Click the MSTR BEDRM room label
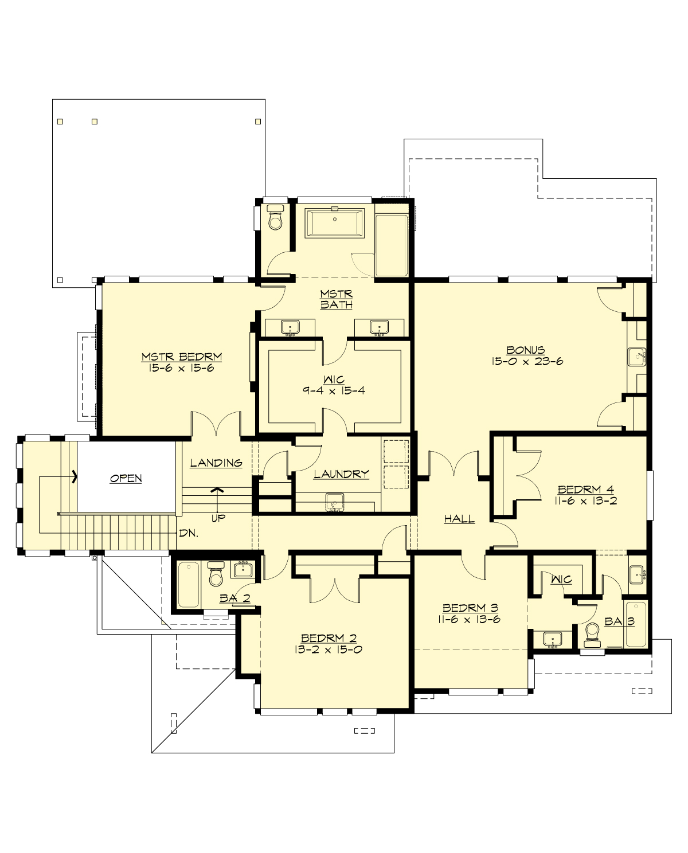point(181,357)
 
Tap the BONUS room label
point(525,350)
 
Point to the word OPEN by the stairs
point(126,478)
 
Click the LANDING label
point(216,463)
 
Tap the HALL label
point(459,519)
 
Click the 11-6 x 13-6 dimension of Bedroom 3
point(470,619)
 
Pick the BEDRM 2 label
point(329,638)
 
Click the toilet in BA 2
point(216,575)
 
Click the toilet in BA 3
point(592,633)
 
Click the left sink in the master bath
point(291,327)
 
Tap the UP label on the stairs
point(218,518)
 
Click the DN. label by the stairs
point(189,533)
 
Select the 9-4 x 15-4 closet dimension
point(334,390)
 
